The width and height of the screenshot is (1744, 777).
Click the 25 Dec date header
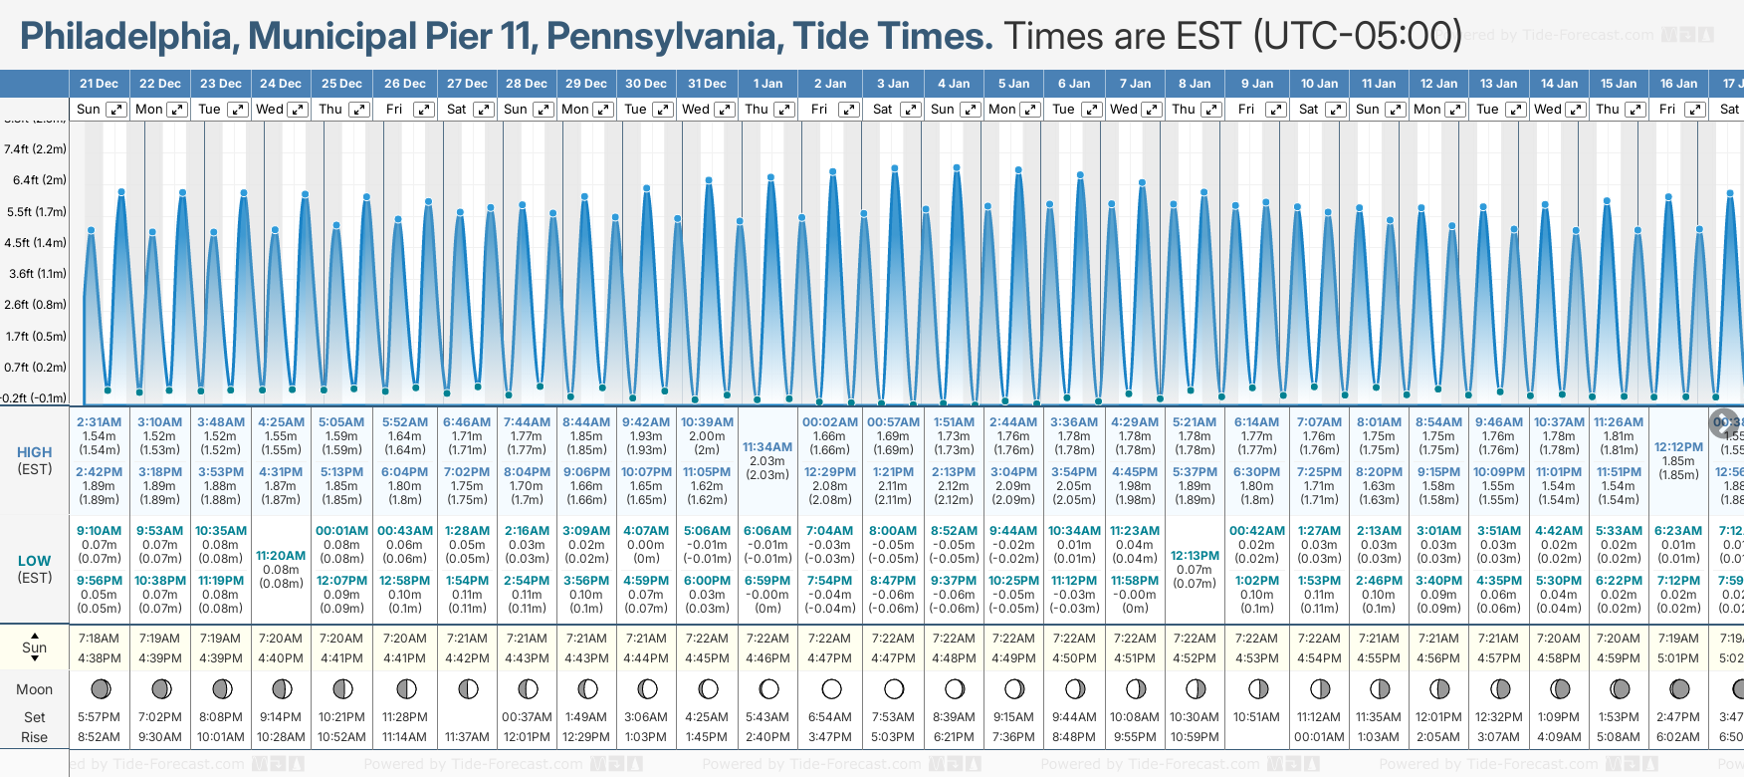[341, 84]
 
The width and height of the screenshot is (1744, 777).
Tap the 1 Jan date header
[767, 84]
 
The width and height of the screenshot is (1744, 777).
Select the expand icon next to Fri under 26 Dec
[424, 110]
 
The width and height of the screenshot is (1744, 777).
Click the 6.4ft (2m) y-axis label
[35, 180]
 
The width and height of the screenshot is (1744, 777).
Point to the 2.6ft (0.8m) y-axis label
[35, 305]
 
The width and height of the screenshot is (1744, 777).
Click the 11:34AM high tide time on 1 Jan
[767, 447]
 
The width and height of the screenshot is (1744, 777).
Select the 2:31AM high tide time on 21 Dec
[100, 422]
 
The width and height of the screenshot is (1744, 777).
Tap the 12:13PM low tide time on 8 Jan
[1195, 556]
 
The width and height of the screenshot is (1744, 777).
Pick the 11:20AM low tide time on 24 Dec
[281, 556]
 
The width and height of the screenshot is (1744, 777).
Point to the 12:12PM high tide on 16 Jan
[1678, 447]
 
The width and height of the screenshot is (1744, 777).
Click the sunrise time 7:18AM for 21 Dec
[100, 639]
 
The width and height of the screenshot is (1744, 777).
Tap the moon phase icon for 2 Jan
[831, 689]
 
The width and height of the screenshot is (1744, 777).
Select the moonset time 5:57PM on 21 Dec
[100, 717]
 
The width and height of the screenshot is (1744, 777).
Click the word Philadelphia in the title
[125, 37]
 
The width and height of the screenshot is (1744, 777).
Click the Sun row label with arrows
[35, 647]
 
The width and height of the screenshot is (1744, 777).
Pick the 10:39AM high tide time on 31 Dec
[707, 422]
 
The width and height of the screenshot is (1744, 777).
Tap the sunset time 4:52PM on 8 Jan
[1195, 658]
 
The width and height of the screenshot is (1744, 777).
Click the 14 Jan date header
[1559, 84]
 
